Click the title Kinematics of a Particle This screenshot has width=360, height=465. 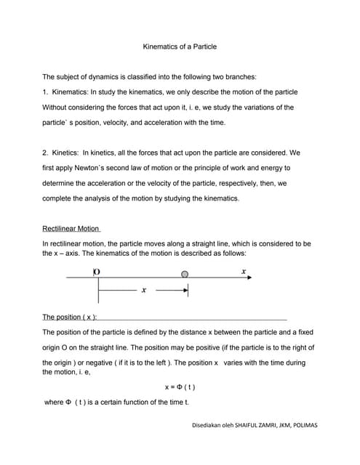[x=179, y=46]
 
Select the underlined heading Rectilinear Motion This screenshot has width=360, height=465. [x=71, y=228]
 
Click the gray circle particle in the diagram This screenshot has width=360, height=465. [x=185, y=275]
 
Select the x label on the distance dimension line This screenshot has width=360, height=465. [x=144, y=290]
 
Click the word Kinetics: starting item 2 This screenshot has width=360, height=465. [x=63, y=153]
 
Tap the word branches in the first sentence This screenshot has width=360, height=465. [x=239, y=76]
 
